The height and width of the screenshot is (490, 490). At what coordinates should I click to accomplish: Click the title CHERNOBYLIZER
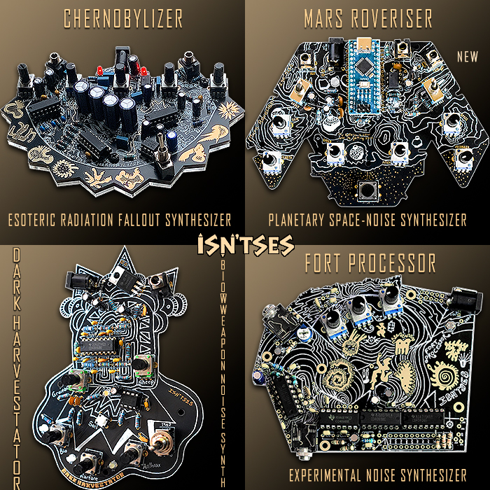pos(123,18)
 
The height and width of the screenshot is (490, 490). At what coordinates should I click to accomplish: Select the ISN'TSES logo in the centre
pos(245,245)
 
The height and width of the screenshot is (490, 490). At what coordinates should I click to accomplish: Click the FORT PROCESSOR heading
pos(370,263)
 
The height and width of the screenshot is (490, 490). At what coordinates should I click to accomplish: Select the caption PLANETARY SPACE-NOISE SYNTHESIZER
pos(367,220)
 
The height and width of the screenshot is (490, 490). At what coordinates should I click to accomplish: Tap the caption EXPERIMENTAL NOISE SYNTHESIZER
pos(377,475)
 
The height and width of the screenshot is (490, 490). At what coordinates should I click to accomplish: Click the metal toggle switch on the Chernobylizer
pos(162,148)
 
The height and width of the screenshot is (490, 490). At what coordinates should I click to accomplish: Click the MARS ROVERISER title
pos(367,18)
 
